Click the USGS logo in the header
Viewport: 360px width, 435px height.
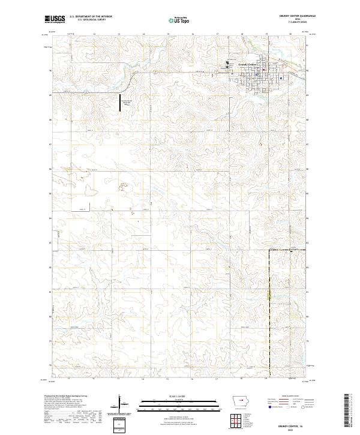click(x=55, y=19)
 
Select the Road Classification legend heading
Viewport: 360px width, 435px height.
click(x=285, y=397)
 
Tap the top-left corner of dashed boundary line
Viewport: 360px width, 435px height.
click(x=268, y=250)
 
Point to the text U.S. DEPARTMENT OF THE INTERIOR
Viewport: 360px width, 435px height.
click(x=91, y=17)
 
